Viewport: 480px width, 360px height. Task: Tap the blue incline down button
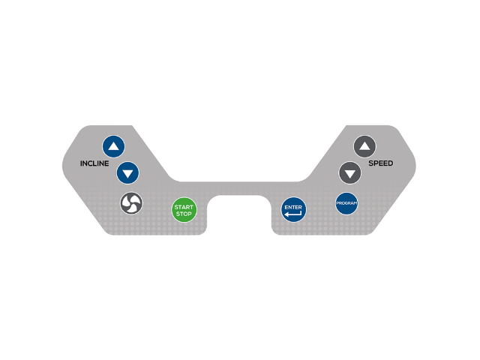[x=127, y=173]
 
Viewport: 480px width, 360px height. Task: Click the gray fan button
[x=131, y=203]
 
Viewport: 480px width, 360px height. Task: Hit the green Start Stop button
[x=184, y=210]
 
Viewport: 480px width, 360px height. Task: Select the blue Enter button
[x=293, y=210]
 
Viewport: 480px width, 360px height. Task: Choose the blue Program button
[x=346, y=203]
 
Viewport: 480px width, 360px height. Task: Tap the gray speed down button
[x=350, y=173]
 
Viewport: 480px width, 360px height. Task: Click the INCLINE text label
[x=94, y=163]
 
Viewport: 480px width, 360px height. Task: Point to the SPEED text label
[x=381, y=163]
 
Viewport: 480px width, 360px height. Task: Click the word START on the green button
[x=184, y=207]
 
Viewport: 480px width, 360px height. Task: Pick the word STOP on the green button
[x=184, y=214]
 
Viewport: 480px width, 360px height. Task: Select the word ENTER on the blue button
[x=293, y=207]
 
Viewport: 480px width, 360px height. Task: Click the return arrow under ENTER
[x=293, y=214]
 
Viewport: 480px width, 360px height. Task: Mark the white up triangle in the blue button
[x=113, y=146]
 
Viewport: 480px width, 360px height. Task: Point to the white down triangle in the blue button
[x=127, y=174]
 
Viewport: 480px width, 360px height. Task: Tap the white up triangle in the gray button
[x=364, y=146]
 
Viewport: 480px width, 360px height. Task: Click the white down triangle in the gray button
[x=350, y=174]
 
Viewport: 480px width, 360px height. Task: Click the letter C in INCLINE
[x=90, y=163]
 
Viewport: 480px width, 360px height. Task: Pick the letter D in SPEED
[x=390, y=163]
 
